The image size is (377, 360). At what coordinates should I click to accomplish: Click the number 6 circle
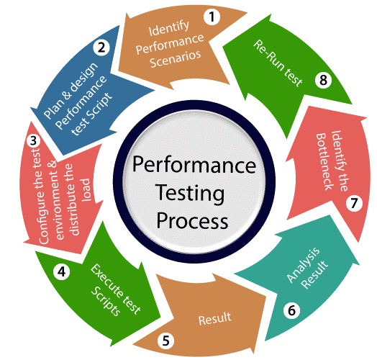coord(291,310)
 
